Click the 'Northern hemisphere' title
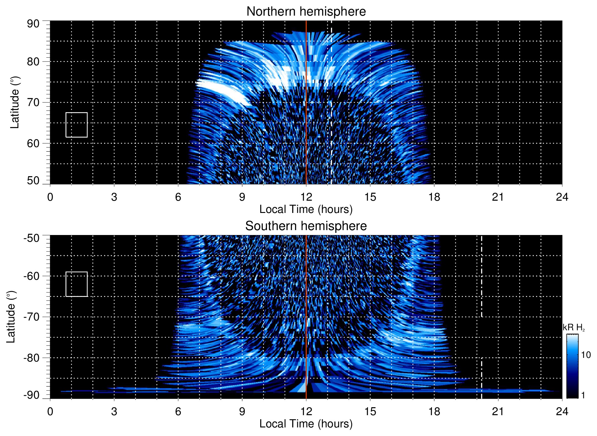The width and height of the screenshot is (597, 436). click(306, 12)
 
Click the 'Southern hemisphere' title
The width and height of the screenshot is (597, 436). click(306, 226)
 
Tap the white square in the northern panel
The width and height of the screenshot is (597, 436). click(77, 125)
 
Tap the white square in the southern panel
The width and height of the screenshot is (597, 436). click(77, 284)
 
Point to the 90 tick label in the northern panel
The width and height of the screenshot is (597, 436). click(33, 24)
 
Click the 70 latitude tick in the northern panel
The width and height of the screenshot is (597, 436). click(33, 102)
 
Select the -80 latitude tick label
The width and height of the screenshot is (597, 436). click(32, 358)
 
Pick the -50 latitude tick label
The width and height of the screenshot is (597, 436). click(32, 238)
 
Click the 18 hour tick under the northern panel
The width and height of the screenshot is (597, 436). click(434, 197)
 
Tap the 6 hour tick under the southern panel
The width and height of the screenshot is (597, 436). click(178, 411)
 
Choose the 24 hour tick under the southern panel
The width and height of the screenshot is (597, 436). click(562, 411)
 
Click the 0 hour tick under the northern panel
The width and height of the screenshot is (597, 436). click(50, 197)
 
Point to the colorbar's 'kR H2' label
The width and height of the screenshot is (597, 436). click(574, 328)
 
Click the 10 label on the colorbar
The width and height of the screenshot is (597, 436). click(586, 355)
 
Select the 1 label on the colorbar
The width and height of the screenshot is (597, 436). click(583, 395)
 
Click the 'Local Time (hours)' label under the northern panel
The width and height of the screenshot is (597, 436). click(306, 209)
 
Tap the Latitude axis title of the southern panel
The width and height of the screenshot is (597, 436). click(11, 317)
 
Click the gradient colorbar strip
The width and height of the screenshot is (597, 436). click(572, 366)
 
